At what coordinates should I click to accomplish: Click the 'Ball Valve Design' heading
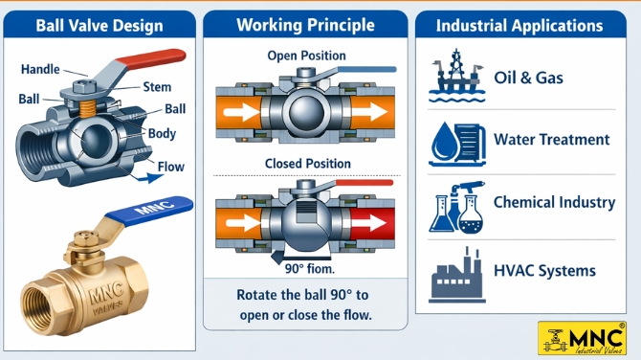coord(99,25)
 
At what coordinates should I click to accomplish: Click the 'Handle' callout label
coord(38,69)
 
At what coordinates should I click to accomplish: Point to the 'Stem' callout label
coord(157,87)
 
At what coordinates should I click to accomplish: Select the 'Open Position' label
coord(307,56)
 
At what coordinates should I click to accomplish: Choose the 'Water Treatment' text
coord(551,140)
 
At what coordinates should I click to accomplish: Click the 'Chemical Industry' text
coord(554,203)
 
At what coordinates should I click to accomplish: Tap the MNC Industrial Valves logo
coord(584,338)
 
